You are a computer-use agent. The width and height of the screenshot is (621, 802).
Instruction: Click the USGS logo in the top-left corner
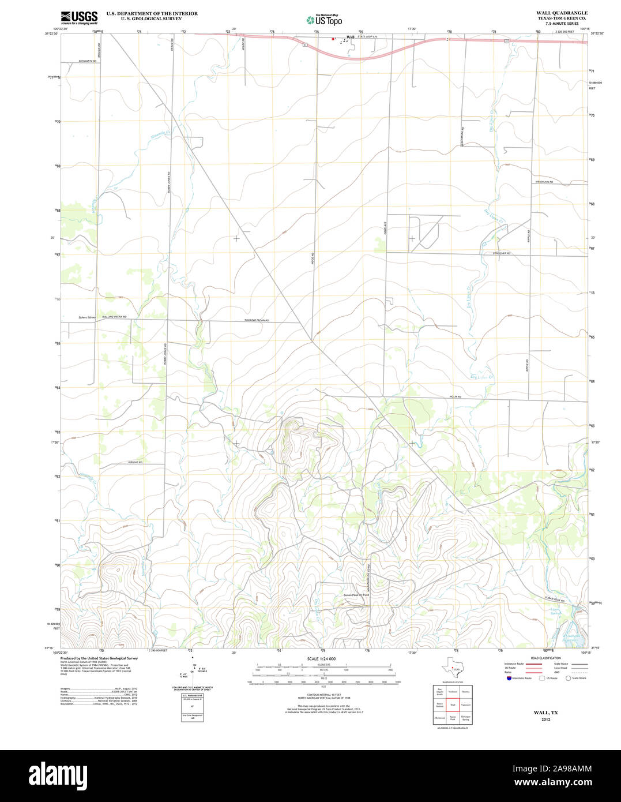pyautogui.click(x=79, y=17)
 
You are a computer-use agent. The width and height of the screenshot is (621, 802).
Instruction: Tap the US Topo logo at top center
pyautogui.click(x=323, y=20)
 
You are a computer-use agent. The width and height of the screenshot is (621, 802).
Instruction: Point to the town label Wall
pyautogui.click(x=350, y=38)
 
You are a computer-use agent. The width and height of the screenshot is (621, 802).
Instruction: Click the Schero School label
pyautogui.click(x=88, y=317)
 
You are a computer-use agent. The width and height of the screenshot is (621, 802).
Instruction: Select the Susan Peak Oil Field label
pyautogui.click(x=356, y=594)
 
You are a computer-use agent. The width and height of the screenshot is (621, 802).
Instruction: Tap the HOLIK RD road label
pyautogui.click(x=456, y=397)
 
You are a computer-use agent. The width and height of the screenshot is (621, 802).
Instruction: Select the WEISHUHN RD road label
pyautogui.click(x=544, y=182)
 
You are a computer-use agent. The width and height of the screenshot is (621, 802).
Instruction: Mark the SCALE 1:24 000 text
pyautogui.click(x=321, y=658)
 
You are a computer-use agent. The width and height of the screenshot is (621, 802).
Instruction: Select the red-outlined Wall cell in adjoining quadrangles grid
pyautogui.click(x=453, y=705)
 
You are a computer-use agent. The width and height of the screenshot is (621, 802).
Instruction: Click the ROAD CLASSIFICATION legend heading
pyautogui.click(x=546, y=658)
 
